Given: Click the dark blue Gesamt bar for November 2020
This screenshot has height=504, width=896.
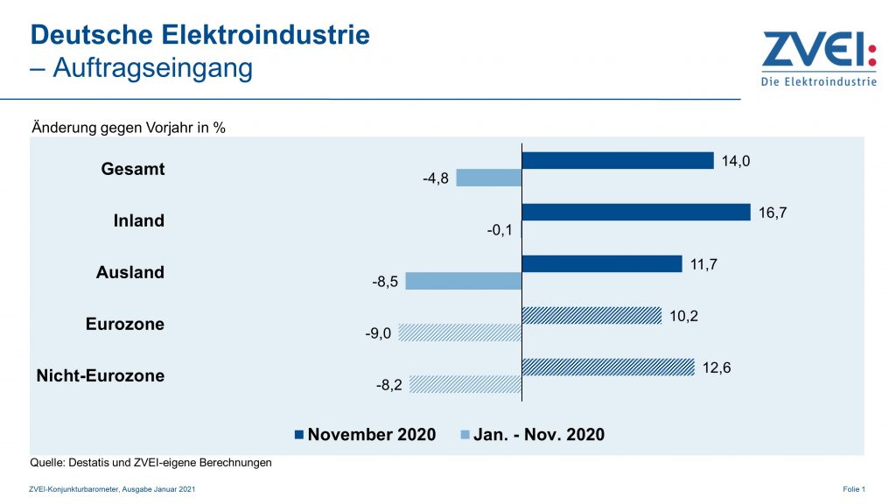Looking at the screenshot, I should (618, 160).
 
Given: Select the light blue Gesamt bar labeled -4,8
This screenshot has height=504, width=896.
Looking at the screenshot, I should (489, 178).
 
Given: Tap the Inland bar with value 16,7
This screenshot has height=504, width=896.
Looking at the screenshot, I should (636, 212).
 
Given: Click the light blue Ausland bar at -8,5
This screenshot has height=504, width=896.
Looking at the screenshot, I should (464, 281).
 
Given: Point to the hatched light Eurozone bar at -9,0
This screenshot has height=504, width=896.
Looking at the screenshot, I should (460, 332).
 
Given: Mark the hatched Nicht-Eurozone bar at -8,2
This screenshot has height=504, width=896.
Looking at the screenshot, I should (465, 384).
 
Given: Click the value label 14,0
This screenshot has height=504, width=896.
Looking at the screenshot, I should (737, 160).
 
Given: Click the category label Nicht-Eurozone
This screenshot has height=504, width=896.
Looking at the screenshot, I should (100, 376).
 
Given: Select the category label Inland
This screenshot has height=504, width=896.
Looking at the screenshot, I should (138, 220).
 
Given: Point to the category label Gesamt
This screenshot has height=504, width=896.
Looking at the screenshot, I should (132, 169).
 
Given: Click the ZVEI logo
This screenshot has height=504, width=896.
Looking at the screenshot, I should (817, 59).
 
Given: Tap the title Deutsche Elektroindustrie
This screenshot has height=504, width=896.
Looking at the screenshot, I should (200, 35).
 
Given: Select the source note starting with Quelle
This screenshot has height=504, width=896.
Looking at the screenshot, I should (151, 463).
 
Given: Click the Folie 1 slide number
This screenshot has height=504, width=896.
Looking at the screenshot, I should (854, 488).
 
